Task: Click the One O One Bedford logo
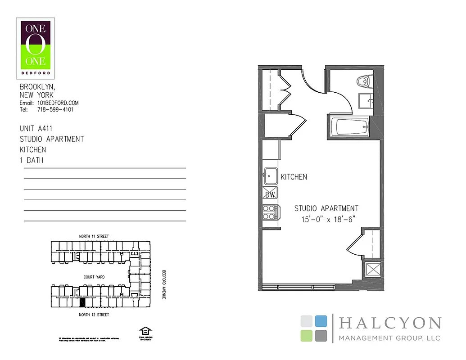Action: pyautogui.click(x=36, y=48)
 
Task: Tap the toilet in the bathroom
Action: pyautogui.click(x=362, y=81)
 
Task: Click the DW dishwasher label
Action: pyautogui.click(x=270, y=195)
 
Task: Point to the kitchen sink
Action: pyautogui.click(x=271, y=176)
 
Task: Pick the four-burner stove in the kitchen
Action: pyautogui.click(x=269, y=212)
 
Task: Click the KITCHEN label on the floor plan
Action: pyautogui.click(x=294, y=177)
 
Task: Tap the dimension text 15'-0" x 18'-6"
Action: pyautogui.click(x=329, y=220)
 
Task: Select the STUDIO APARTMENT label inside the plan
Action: pyautogui.click(x=326, y=208)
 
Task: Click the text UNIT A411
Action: pyautogui.click(x=36, y=129)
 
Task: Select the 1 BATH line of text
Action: pyautogui.click(x=32, y=160)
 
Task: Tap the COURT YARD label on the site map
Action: pyautogui.click(x=94, y=277)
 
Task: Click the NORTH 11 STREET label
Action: pyautogui.click(x=94, y=236)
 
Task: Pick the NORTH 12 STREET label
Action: pyautogui.click(x=94, y=315)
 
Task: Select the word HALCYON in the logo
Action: pyautogui.click(x=389, y=323)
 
